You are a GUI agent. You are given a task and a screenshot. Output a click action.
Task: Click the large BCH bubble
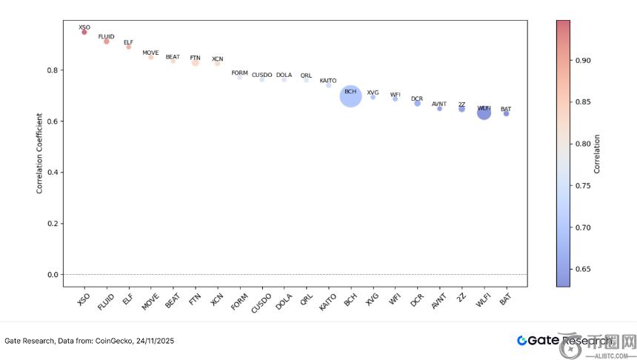tap(350, 96)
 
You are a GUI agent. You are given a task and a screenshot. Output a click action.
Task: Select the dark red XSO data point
tap(84, 32)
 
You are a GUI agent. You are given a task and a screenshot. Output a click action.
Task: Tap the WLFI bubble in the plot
tap(484, 113)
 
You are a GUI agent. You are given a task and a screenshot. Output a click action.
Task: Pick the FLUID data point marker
tap(106, 41)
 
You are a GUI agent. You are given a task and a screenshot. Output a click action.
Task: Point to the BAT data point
tap(506, 113)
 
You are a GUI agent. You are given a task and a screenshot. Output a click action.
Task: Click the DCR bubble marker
tap(417, 103)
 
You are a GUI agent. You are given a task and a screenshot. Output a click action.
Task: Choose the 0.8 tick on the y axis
tap(53, 70)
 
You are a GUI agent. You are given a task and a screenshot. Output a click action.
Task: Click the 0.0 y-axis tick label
tap(53, 275)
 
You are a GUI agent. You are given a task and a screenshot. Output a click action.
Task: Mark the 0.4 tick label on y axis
tap(53, 173)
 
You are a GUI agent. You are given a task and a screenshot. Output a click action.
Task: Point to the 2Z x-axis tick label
tap(461, 299)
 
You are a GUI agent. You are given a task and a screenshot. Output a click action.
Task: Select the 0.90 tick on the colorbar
tap(582, 60)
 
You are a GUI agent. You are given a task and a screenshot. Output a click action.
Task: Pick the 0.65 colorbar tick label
tap(582, 269)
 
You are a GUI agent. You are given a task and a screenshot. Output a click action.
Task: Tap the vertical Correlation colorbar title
tap(597, 153)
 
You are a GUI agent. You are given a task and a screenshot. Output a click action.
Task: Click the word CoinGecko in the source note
tap(112, 341)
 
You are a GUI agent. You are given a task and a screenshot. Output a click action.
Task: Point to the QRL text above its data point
tap(306, 76)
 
